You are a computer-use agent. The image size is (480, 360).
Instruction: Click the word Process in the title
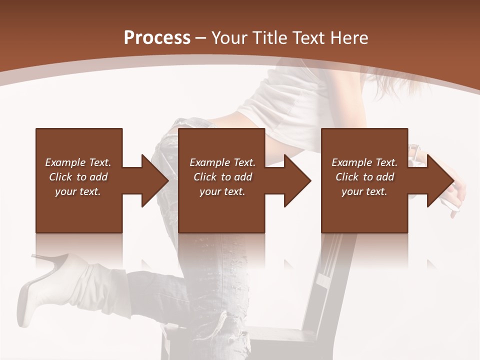pyautogui.click(x=157, y=38)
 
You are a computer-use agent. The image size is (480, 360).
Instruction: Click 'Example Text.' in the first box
pyautogui.click(x=78, y=162)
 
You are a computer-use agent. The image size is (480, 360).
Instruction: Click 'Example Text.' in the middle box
pyautogui.click(x=222, y=162)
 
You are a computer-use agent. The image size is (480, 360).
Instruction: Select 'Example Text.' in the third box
pyautogui.click(x=364, y=162)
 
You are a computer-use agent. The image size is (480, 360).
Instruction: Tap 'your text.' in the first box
pyautogui.click(x=78, y=191)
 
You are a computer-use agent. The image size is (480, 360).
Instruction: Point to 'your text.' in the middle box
pyautogui.click(x=222, y=191)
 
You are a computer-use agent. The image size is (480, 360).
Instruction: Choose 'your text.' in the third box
pyautogui.click(x=364, y=191)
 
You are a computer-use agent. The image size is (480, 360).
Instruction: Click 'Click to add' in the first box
pyautogui.click(x=78, y=177)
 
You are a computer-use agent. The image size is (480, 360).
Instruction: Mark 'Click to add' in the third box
pyautogui.click(x=364, y=177)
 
